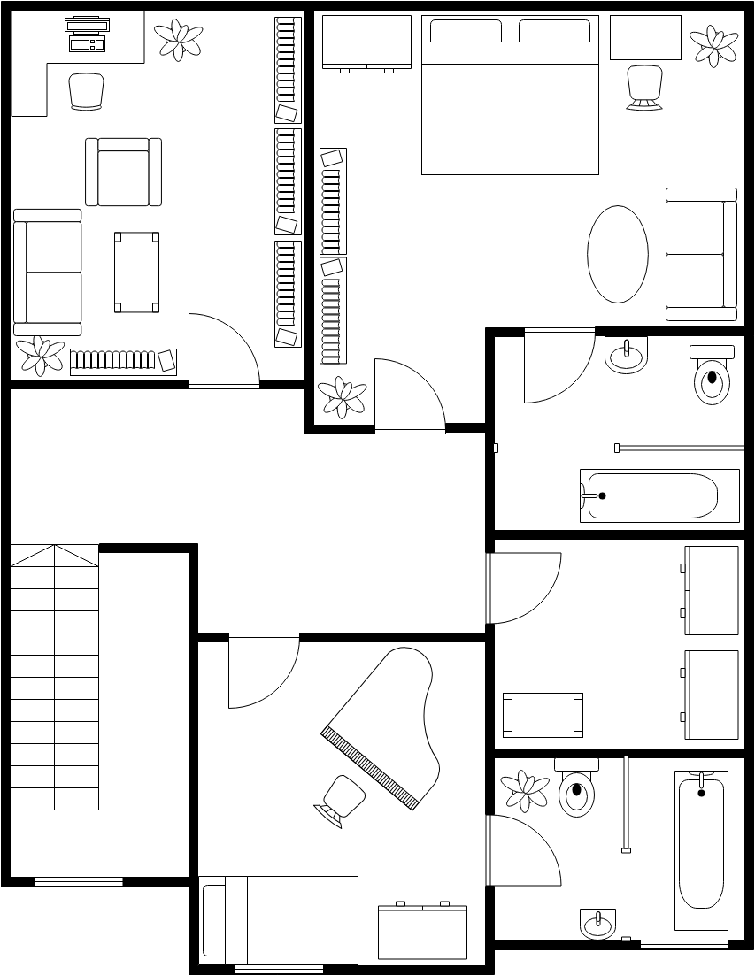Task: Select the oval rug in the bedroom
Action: pyautogui.click(x=617, y=254)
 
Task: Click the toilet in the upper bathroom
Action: pyautogui.click(x=712, y=377)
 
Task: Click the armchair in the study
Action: pyautogui.click(x=123, y=172)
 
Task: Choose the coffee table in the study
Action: pyautogui.click(x=136, y=272)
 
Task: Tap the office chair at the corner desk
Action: pyautogui.click(x=86, y=91)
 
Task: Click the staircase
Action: pyautogui.click(x=54, y=677)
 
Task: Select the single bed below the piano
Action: pyautogui.click(x=279, y=920)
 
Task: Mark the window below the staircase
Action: pyautogui.click(x=78, y=881)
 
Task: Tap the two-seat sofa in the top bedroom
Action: pyautogui.click(x=701, y=254)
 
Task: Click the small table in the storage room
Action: pyautogui.click(x=543, y=715)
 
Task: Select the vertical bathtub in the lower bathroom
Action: pyautogui.click(x=702, y=849)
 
